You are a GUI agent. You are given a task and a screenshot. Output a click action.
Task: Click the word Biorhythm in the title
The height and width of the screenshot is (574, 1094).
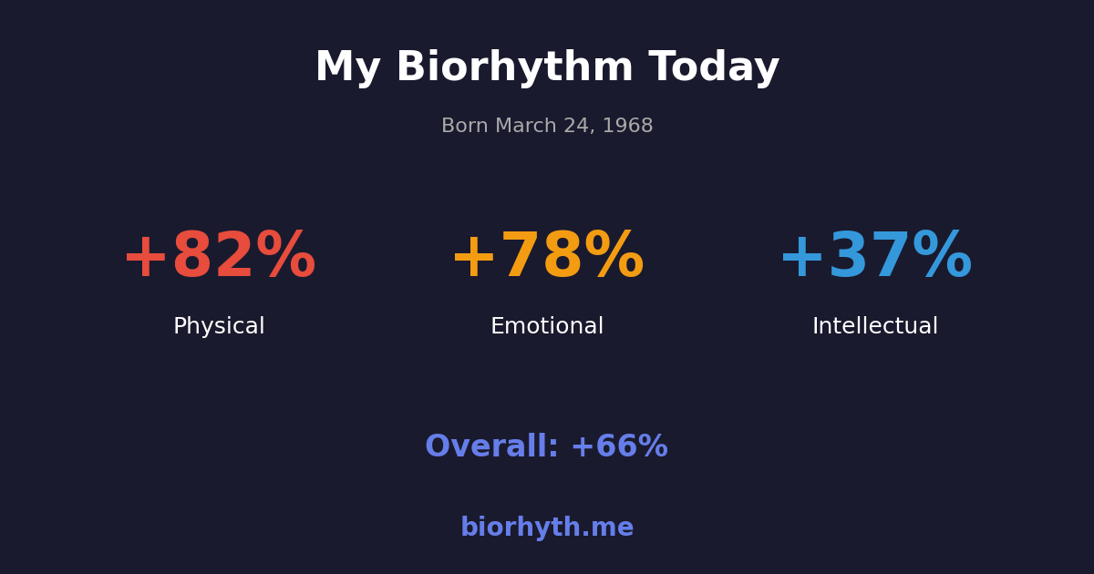click(514, 68)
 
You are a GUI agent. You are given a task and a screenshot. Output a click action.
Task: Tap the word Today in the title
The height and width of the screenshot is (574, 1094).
click(714, 68)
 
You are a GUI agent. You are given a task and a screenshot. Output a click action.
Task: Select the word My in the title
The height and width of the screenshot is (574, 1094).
click(347, 68)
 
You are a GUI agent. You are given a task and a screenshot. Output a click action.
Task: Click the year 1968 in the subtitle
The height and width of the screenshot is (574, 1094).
click(628, 127)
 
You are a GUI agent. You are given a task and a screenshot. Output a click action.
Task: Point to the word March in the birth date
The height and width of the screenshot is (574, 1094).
click(528, 127)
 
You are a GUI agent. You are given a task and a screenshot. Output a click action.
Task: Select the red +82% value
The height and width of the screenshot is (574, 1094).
click(219, 257)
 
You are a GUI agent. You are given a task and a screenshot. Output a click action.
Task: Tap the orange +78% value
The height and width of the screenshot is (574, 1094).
click(547, 257)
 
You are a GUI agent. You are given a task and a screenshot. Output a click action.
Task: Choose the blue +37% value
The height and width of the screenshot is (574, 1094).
click(875, 257)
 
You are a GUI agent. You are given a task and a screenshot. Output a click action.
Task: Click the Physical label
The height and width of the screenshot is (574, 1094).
click(219, 327)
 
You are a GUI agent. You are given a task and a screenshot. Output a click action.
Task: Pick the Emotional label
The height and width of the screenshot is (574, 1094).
click(547, 327)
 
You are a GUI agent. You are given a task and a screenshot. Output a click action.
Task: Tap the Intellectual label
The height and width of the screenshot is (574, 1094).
click(875, 327)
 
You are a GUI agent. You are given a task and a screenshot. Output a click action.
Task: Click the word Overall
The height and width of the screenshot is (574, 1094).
click(491, 447)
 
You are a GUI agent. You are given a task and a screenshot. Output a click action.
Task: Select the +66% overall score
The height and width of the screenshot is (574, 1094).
click(619, 447)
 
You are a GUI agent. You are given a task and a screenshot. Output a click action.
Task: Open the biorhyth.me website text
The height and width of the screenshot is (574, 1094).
click(547, 528)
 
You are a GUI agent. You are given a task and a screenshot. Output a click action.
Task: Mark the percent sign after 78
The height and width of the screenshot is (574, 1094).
click(614, 257)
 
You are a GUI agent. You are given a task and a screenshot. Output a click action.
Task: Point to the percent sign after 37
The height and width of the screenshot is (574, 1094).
click(942, 257)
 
